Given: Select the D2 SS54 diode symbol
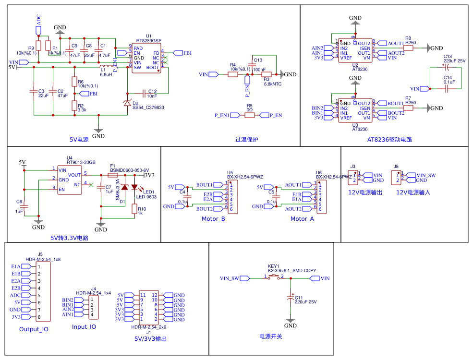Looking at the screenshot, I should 127,103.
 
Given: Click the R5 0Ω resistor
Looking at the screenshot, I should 249,115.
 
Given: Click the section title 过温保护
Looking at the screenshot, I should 246,140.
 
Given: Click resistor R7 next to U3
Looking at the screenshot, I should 408,108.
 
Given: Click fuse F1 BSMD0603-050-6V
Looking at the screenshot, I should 114,175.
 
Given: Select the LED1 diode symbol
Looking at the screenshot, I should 134,187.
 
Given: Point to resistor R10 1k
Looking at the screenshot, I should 134,208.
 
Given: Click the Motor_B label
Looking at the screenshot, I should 213,219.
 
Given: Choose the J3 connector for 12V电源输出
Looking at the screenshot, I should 354,177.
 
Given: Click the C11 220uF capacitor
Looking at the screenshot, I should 290,298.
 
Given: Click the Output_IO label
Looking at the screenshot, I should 34,329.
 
